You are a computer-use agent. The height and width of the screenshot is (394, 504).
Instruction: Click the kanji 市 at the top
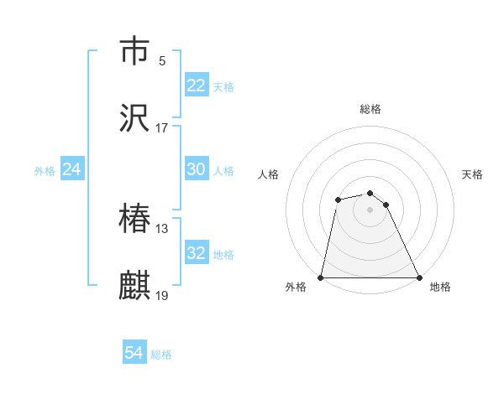135,51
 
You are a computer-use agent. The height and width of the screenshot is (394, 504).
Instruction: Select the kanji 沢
135,118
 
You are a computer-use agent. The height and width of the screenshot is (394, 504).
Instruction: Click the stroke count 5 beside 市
161,60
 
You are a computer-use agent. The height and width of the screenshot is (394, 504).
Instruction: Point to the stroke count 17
162,128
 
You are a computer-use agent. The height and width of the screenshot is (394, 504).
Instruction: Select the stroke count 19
162,296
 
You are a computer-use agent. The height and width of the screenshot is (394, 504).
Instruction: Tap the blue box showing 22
197,86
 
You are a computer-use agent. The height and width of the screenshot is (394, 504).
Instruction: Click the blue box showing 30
197,169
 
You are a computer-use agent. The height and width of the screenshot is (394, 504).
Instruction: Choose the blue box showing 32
197,253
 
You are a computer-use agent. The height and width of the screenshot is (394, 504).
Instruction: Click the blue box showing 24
72,169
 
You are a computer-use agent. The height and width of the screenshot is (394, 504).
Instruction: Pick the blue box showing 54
134,354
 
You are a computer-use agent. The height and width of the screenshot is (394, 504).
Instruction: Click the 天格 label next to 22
223,86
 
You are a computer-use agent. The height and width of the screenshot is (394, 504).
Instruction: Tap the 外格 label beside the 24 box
45,170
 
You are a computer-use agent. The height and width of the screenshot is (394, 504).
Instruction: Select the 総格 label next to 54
161,355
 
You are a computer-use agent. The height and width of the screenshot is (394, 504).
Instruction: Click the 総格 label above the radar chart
370,109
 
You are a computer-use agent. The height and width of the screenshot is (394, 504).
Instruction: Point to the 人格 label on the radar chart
268,174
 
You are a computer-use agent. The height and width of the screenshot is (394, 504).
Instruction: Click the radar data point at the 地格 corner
418,277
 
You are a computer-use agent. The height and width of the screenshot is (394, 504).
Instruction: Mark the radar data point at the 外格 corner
321,277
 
